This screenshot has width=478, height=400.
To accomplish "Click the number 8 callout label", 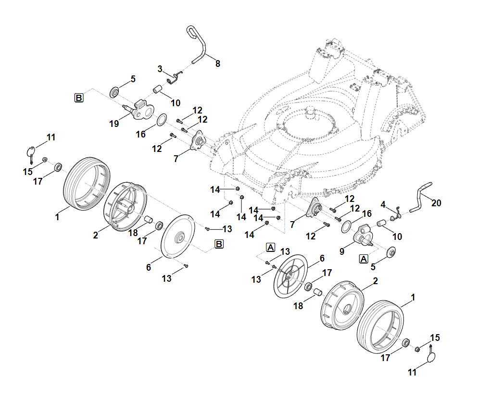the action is pyautogui.click(x=218, y=64).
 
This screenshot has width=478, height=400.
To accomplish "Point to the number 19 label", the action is pyautogui.click(x=114, y=124).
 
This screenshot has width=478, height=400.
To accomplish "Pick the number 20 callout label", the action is pyautogui.click(x=436, y=203).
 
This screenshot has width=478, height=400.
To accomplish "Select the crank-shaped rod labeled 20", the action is pyautogui.click(x=420, y=198).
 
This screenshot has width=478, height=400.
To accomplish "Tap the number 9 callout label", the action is pyautogui.click(x=342, y=251).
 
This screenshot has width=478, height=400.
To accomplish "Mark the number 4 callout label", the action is pyautogui.click(x=383, y=205).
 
